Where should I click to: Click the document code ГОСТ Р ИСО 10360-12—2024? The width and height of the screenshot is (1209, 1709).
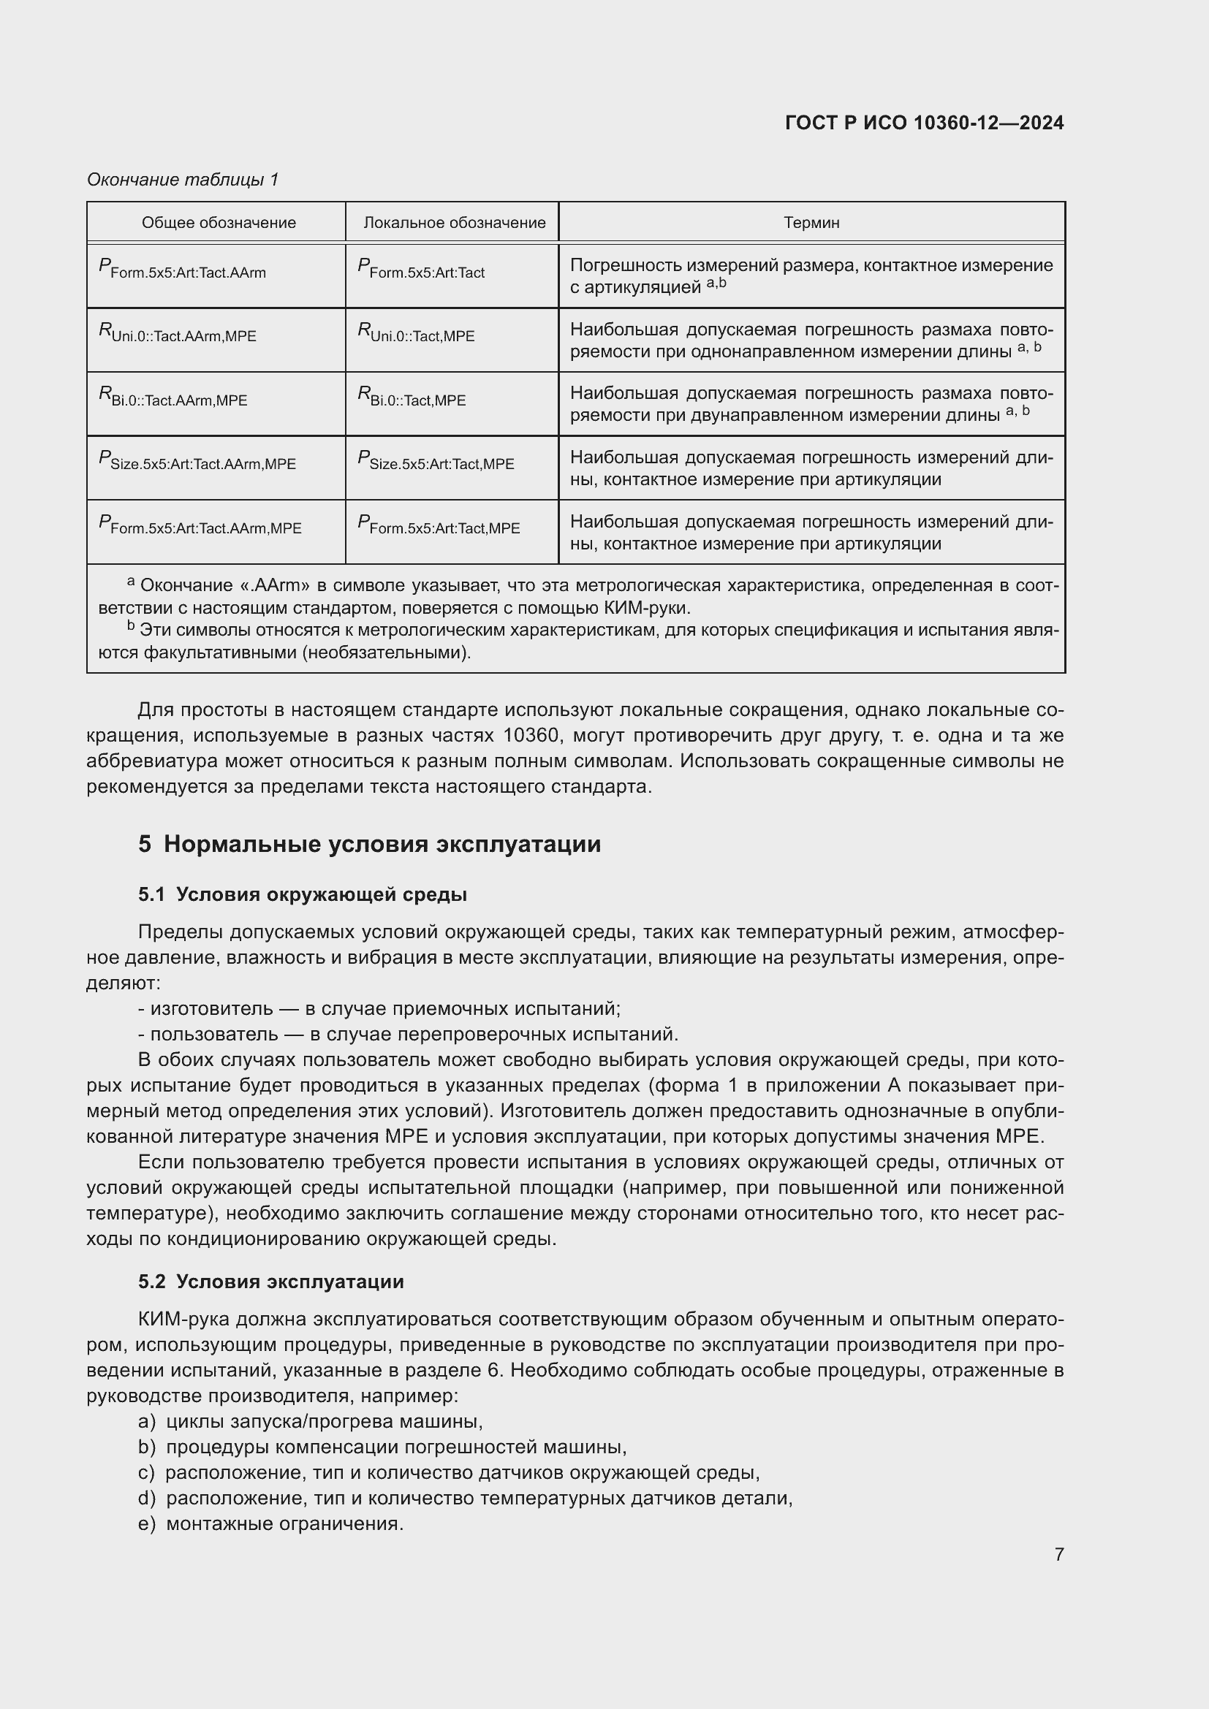(x=924, y=123)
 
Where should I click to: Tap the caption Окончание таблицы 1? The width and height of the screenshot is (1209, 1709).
(x=183, y=180)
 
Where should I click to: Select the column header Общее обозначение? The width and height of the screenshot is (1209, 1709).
(x=218, y=223)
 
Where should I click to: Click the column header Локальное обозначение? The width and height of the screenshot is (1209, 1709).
(x=454, y=223)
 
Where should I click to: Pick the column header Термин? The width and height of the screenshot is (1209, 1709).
(x=811, y=223)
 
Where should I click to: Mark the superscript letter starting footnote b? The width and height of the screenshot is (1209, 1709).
(x=131, y=626)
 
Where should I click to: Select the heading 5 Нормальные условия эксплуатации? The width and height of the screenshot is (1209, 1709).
(x=369, y=844)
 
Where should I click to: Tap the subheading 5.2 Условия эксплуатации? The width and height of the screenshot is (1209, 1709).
(x=271, y=1282)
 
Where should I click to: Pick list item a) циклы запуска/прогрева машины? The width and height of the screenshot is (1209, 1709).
(x=311, y=1422)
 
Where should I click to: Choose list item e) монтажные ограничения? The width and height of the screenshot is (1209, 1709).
(x=271, y=1523)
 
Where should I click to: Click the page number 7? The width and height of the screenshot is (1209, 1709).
(x=1058, y=1554)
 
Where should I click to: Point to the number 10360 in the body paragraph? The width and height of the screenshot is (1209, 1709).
(x=530, y=736)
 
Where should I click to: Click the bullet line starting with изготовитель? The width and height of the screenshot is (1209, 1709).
(x=379, y=1008)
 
